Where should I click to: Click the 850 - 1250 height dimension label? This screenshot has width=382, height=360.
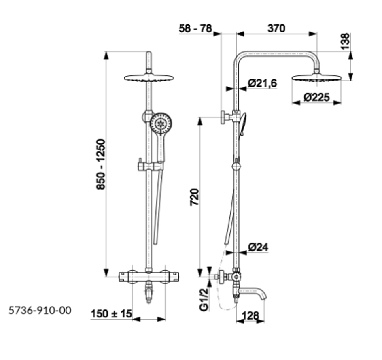101,164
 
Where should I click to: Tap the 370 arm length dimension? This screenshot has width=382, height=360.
276,28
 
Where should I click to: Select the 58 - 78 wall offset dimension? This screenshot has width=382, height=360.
195,28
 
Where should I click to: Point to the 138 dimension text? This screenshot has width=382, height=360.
345,41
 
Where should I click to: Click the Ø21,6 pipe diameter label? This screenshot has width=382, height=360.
262,83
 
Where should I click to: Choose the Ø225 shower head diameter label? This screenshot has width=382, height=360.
317,98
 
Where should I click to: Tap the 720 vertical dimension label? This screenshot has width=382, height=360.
195,197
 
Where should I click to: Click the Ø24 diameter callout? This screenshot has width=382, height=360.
258,247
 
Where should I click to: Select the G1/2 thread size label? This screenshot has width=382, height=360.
204,299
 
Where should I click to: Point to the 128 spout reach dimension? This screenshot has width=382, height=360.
250,316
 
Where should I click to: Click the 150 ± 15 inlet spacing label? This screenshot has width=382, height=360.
111,314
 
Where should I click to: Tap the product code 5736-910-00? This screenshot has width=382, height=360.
40,310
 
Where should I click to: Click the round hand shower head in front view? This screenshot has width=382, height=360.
161,124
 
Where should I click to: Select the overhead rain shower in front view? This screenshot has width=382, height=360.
149,78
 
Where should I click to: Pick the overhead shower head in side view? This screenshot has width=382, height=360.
317,78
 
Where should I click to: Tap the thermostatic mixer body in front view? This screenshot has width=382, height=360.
149,277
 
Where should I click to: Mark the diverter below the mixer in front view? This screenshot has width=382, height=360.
149,292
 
